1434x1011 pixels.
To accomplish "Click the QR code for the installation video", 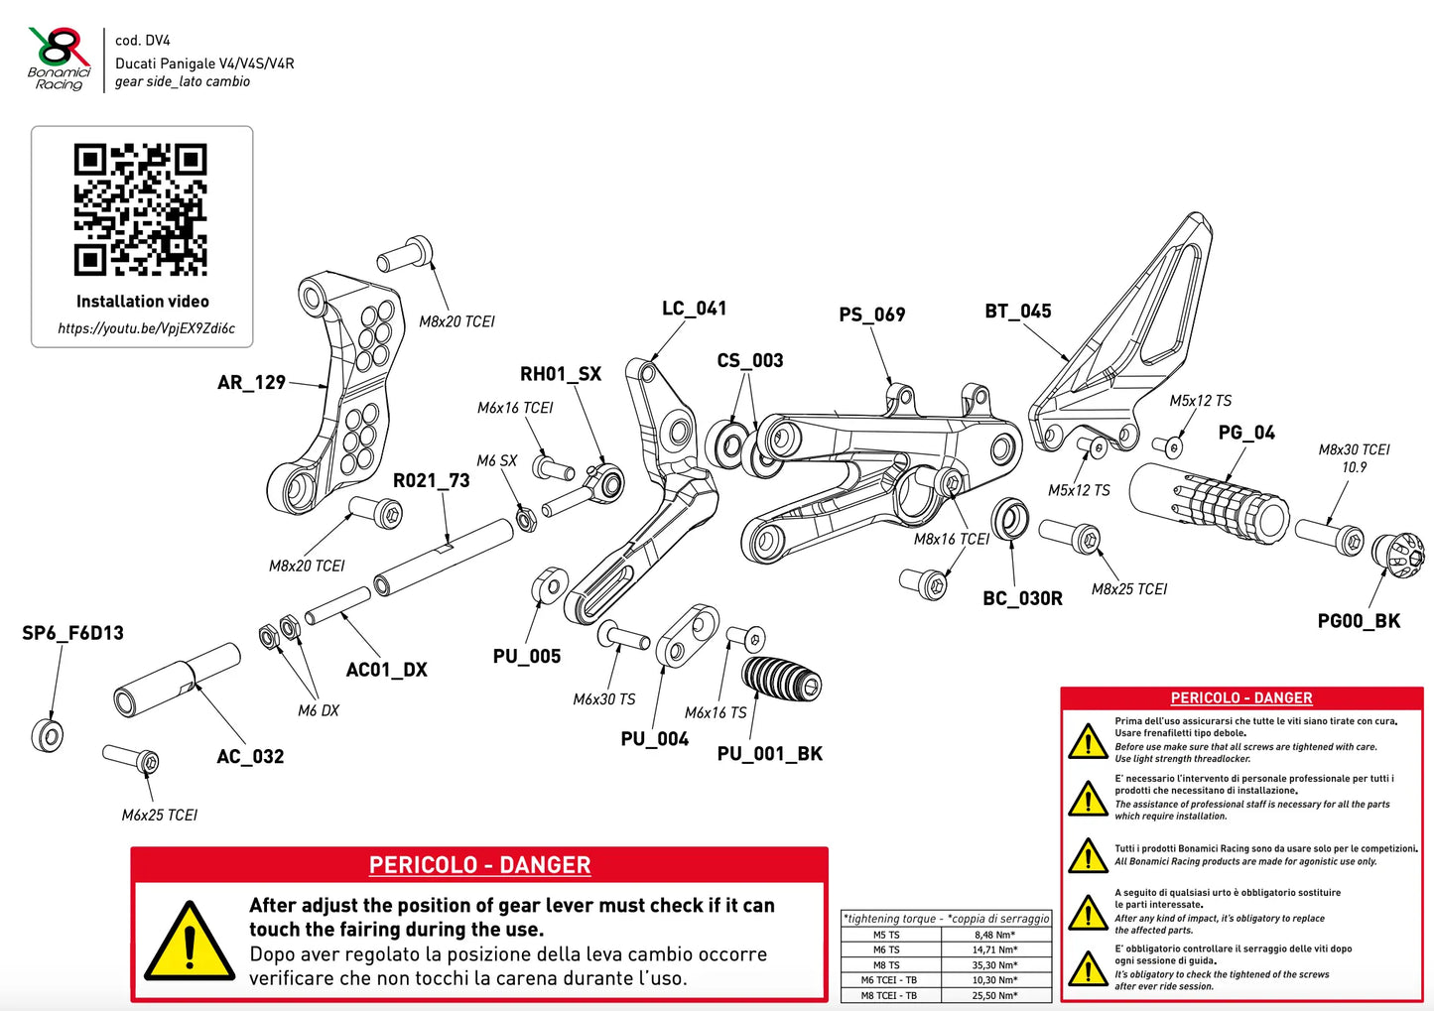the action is [x=140, y=210].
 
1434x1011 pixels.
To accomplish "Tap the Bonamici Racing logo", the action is [x=59, y=59].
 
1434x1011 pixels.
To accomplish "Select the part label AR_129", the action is [x=251, y=383].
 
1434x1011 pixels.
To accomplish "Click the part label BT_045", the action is [x=1018, y=312].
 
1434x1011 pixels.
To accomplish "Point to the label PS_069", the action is [x=872, y=315].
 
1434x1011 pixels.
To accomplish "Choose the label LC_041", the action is [x=694, y=310].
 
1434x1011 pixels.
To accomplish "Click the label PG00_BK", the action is [x=1359, y=621].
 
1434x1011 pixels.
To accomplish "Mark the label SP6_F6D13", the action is [x=73, y=633].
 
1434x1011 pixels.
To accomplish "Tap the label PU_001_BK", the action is [x=769, y=754].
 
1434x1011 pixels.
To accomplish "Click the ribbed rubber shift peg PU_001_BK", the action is [x=782, y=681].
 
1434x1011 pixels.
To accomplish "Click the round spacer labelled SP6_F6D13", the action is [x=48, y=735].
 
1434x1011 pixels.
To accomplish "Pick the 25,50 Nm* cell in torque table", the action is [x=994, y=996].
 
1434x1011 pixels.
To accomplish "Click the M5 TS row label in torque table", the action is [x=886, y=935].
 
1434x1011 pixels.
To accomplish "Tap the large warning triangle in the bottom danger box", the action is [x=189, y=942].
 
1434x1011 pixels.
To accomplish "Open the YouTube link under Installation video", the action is [x=147, y=328].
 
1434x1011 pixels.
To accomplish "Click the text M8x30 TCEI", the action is [x=1354, y=449].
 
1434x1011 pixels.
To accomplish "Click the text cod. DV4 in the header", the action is [x=143, y=41].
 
